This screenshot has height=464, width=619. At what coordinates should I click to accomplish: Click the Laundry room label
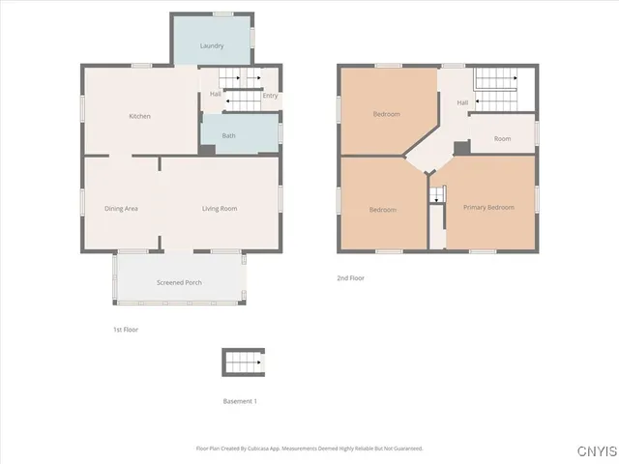[212, 46]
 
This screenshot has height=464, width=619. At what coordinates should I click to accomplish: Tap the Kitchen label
[140, 117]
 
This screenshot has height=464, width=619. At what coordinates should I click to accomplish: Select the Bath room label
[228, 135]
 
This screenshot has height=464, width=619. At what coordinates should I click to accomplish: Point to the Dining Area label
[122, 209]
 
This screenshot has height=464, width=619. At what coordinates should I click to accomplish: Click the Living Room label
[220, 209]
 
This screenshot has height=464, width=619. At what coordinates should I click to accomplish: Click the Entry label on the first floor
[270, 95]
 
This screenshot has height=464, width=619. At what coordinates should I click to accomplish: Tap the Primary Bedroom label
[488, 207]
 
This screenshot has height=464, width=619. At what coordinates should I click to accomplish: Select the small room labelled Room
[502, 139]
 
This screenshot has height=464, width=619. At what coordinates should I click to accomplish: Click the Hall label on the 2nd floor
[462, 102]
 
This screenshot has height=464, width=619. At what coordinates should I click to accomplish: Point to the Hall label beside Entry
[216, 94]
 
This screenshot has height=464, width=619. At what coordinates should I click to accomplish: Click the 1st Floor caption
[126, 330]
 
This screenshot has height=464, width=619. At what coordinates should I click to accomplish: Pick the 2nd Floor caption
[350, 277]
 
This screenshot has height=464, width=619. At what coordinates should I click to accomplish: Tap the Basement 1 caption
[241, 400]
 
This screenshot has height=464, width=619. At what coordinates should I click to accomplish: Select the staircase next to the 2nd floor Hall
[494, 87]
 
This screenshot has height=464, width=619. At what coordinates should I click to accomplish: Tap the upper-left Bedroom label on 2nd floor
[387, 114]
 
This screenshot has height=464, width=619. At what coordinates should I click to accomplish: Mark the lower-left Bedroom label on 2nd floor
[383, 210]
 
